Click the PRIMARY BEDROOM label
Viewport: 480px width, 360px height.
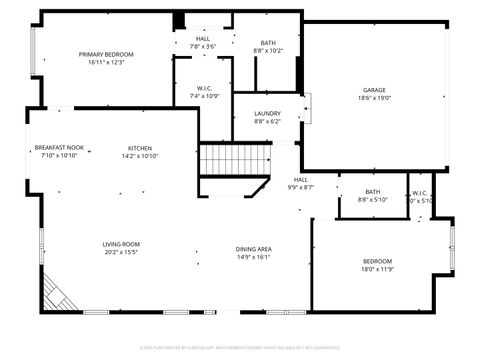click(x=106, y=54)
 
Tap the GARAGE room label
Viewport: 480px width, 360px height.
click(x=374, y=90)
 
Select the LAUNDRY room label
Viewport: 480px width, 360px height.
click(x=267, y=113)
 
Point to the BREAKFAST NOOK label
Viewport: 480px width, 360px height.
click(x=59, y=147)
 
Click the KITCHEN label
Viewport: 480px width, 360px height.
click(x=140, y=147)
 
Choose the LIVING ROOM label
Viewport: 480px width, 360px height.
click(x=121, y=244)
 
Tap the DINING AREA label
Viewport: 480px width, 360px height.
click(x=253, y=248)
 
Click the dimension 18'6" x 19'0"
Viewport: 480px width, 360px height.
click(x=374, y=98)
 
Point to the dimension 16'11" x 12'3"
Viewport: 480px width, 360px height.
click(x=106, y=62)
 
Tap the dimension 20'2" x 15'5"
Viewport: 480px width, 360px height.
click(x=121, y=252)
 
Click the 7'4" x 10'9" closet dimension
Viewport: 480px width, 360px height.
click(x=204, y=96)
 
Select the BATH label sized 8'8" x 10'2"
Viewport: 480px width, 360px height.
click(x=268, y=42)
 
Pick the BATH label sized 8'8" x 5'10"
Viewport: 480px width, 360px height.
click(x=372, y=191)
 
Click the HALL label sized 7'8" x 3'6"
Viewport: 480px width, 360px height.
click(x=203, y=38)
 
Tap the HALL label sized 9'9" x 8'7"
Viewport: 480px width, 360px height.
click(x=301, y=179)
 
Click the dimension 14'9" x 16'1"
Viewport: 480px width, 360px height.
click(x=253, y=256)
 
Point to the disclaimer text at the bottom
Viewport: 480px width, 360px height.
click(x=240, y=347)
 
